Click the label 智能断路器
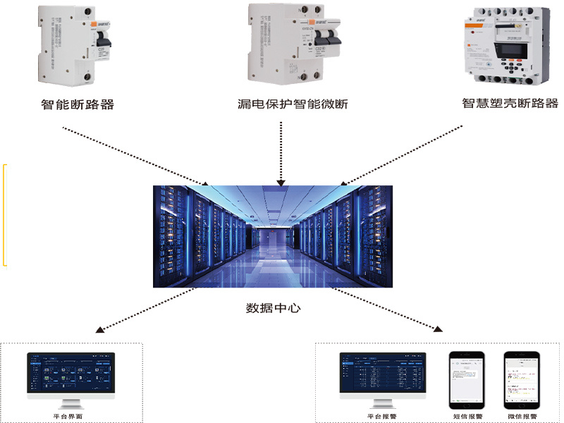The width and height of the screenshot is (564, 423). [77, 106]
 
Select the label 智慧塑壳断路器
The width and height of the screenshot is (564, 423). [510, 104]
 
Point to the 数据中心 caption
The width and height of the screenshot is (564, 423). [273, 308]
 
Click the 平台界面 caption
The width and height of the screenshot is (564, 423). [70, 417]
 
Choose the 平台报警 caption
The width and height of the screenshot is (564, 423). [382, 417]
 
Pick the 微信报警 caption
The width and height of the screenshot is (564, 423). [522, 417]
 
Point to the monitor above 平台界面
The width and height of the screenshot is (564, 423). [70, 378]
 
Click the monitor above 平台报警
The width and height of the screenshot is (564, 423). [382, 378]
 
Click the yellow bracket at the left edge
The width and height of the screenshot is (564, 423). [5, 215]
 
